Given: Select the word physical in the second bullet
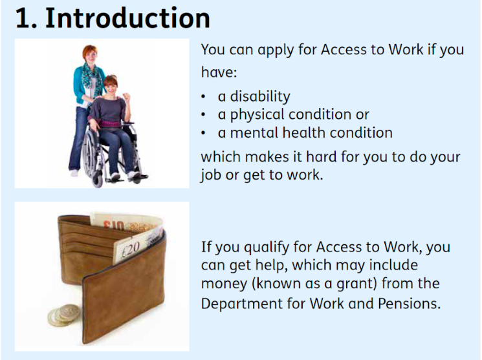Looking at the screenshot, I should click(255, 115).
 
